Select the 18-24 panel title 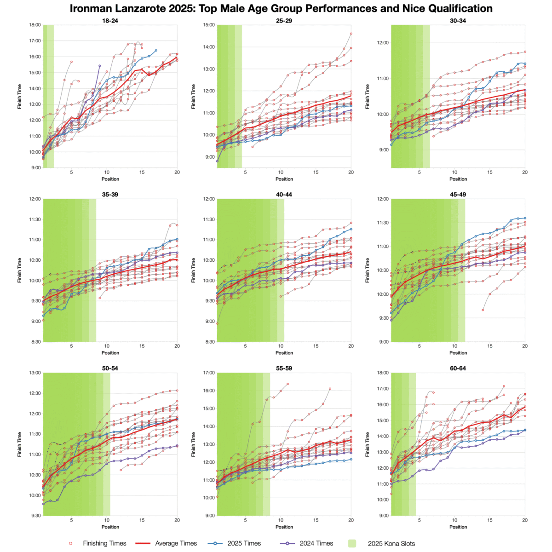[x=110, y=21]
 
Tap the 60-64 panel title [x=458, y=368]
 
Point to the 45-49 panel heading [x=458, y=195]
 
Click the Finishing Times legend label [x=104, y=543]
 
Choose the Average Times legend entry [x=176, y=543]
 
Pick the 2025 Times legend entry [x=244, y=543]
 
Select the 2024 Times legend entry [x=316, y=543]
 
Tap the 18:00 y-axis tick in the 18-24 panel [x=34, y=25]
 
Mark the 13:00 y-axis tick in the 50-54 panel [x=34, y=373]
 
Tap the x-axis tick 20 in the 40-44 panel [x=351, y=346]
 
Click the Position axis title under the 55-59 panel [x=284, y=527]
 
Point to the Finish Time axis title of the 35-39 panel [x=20, y=270]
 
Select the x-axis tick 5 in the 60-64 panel [x=419, y=520]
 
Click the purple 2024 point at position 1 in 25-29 [x=217, y=161]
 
